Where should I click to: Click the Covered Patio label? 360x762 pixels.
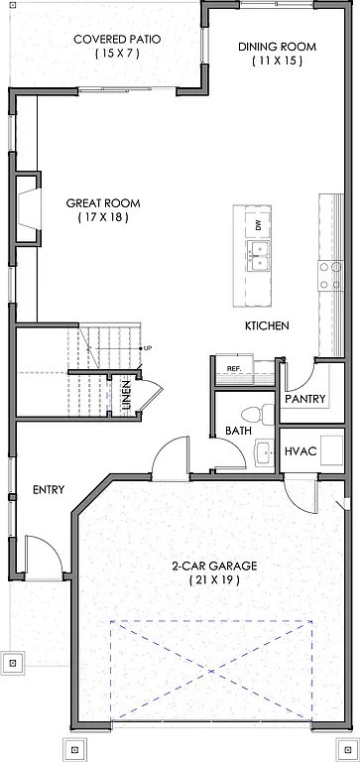pyautogui.click(x=117, y=41)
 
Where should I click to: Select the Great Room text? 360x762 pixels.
pyautogui.click(x=103, y=203)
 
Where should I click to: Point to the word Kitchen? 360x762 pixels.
pyautogui.click(x=267, y=325)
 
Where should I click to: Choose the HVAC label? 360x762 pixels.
pyautogui.click(x=300, y=451)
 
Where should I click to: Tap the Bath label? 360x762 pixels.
pyautogui.click(x=238, y=432)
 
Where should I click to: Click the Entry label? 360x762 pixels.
pyautogui.click(x=49, y=490)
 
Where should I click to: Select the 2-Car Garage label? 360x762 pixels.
pyautogui.click(x=213, y=566)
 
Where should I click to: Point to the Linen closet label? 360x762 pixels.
pyautogui.click(x=126, y=396)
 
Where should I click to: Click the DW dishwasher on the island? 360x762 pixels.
pyautogui.click(x=258, y=224)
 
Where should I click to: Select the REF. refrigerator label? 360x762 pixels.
pyautogui.click(x=234, y=369)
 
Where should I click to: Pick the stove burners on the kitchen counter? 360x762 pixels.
pyautogui.click(x=324, y=276)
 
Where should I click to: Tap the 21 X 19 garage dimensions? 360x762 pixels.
pyautogui.click(x=213, y=579)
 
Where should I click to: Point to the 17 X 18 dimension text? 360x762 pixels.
pyautogui.click(x=103, y=217)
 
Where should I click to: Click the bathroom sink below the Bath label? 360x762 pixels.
pyautogui.click(x=263, y=451)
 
